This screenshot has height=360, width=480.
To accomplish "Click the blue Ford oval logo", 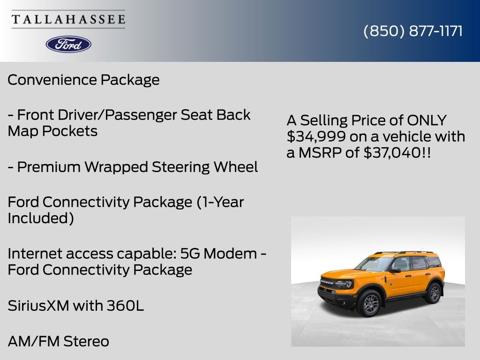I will [68, 44].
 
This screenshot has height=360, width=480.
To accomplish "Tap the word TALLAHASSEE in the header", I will [68, 20].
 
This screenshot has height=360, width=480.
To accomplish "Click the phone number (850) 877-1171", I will [413, 31].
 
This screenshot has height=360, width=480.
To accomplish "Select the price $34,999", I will [310, 136].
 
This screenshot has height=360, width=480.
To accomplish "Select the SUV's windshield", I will [375, 263].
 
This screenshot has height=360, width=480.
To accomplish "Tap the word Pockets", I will [70, 131].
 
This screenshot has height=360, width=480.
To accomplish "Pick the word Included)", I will [41, 218].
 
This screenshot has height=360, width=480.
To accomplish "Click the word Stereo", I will [86, 341].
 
